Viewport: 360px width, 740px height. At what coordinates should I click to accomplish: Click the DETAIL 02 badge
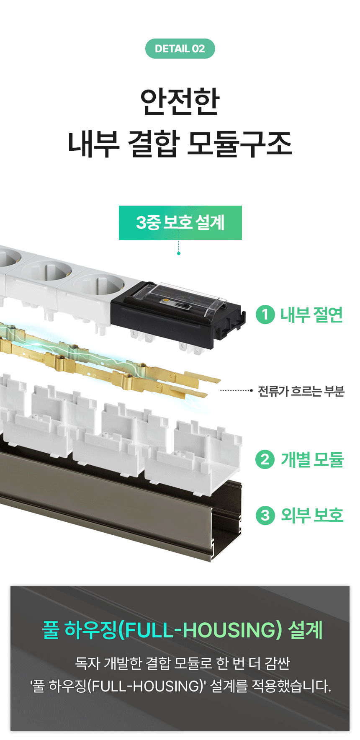coord(180,49)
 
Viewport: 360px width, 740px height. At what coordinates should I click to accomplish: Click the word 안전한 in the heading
coord(180,101)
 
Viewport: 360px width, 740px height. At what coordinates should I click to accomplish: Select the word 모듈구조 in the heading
coord(239,144)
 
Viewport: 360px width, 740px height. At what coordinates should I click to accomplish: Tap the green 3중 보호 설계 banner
coord(180,223)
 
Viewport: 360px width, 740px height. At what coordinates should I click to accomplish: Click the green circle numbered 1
coord(265,315)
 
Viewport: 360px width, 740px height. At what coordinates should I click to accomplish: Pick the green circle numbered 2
coord(265,459)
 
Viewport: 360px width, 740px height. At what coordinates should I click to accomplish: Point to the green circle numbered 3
coord(265,515)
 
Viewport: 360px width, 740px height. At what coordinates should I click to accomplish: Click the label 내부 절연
coord(312,315)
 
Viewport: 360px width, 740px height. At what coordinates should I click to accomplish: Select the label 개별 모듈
coord(312,459)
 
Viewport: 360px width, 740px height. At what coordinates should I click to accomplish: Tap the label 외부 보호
coord(312,515)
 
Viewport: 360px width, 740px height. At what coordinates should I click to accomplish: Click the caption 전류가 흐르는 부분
coord(301,391)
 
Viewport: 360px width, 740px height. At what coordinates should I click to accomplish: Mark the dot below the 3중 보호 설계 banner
coord(179,253)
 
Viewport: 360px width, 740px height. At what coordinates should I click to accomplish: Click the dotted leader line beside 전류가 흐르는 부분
coord(236,391)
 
